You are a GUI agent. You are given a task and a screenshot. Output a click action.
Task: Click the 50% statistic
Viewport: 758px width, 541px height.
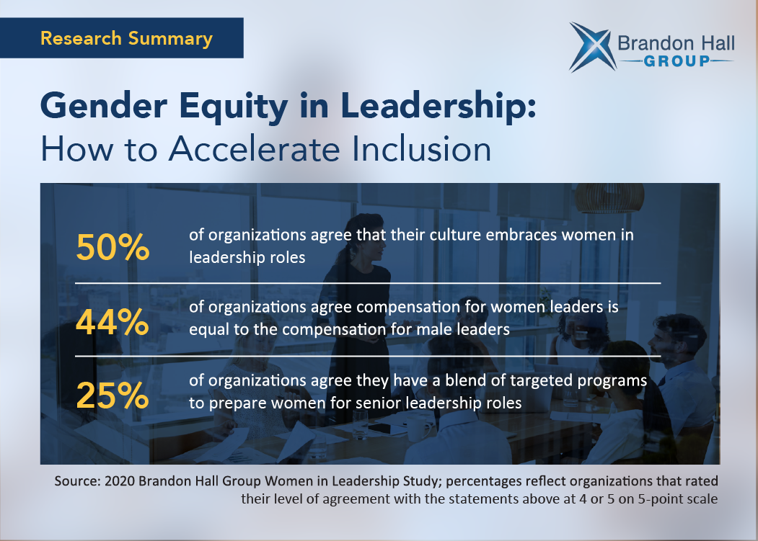coord(113,247)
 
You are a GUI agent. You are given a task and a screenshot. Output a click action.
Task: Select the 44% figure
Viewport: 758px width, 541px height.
coord(113,322)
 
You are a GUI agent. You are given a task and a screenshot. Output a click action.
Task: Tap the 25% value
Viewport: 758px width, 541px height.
coord(113,395)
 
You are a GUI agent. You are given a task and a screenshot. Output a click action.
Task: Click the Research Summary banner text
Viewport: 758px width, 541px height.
coord(127,38)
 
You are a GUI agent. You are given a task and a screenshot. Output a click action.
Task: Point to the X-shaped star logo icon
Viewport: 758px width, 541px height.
coord(592,47)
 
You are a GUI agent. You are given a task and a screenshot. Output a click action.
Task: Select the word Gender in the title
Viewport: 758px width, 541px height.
coord(104,106)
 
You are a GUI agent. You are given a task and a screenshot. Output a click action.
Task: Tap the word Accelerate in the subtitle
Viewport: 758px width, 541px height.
coord(255,149)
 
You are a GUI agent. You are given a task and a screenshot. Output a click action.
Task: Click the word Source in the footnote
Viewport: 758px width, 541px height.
coord(76,481)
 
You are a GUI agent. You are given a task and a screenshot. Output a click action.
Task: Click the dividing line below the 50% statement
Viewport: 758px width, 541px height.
coord(367,283)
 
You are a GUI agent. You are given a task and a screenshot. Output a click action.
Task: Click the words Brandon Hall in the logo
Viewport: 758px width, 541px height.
coord(676,43)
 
